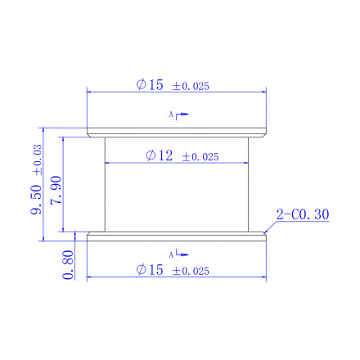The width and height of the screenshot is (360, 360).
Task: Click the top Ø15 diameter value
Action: point(150,84)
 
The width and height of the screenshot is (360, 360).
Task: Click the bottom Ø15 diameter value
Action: point(150,270)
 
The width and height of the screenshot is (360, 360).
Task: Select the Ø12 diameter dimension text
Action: point(160,155)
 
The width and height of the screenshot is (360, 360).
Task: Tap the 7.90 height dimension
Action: point(56,191)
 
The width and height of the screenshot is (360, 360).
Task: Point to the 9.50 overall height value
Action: point(36,200)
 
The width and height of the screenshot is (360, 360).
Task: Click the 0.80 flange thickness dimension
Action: point(68,265)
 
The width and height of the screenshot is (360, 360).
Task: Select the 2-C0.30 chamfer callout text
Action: point(303,214)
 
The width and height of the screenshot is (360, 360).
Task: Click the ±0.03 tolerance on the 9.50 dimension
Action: point(38,160)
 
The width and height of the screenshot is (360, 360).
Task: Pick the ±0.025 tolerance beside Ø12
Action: point(200,157)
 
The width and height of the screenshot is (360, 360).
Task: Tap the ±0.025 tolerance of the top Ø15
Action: point(191,86)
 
